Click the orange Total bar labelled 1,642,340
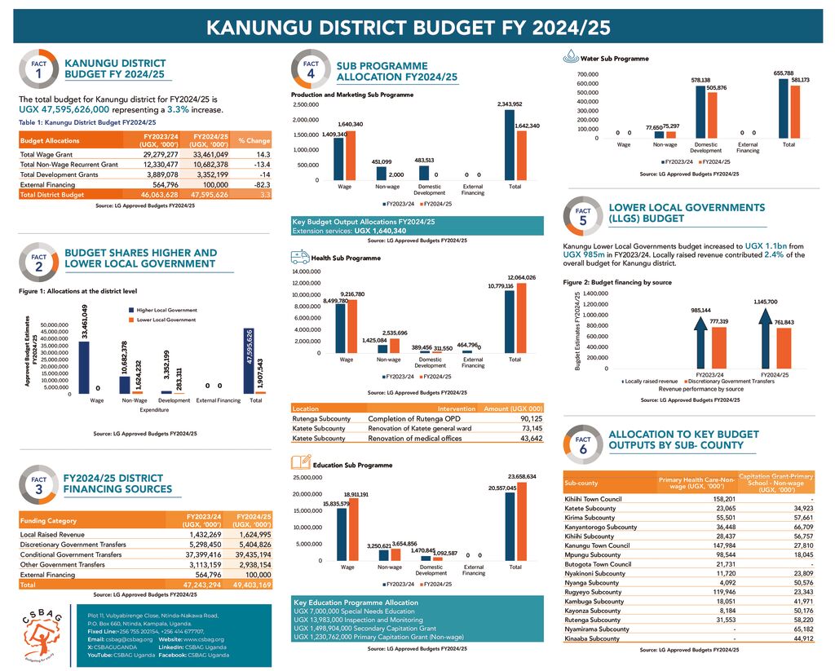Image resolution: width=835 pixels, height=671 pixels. coord(522,155)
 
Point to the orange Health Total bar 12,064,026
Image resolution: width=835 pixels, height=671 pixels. coord(522,318)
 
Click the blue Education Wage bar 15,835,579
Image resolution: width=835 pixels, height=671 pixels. coord(342,535)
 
